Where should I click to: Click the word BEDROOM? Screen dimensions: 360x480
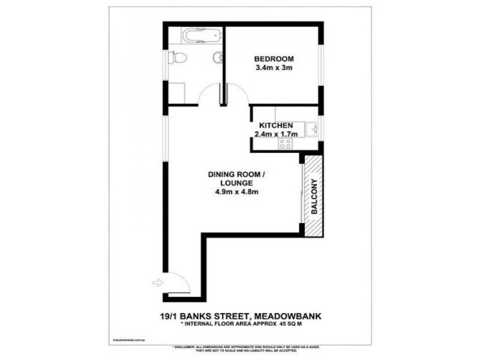[x=274, y=59]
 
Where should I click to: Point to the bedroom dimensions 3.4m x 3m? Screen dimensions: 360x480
[x=274, y=68]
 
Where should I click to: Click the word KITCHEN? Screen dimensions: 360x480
[x=275, y=125]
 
